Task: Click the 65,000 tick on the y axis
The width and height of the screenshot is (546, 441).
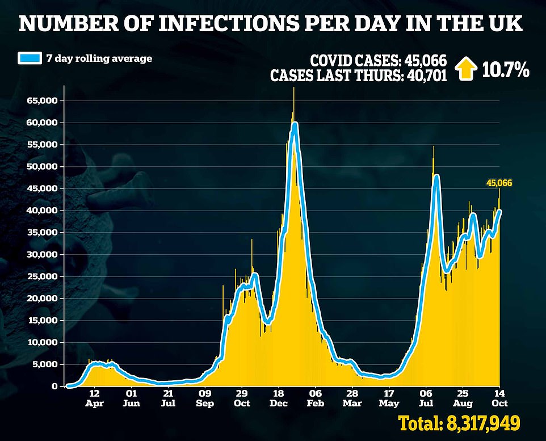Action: (x=42, y=100)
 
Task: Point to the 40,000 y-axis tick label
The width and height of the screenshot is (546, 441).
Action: (x=42, y=211)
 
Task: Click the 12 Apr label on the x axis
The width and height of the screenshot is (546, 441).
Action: (x=94, y=397)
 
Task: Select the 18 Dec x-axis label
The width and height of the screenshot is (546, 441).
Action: (x=278, y=397)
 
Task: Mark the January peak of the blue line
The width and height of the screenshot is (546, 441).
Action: (x=294, y=124)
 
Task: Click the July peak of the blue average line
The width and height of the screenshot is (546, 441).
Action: (x=436, y=177)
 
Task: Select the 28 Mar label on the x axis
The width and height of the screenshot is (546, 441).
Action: (x=352, y=397)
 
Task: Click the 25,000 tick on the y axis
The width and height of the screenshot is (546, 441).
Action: (x=42, y=276)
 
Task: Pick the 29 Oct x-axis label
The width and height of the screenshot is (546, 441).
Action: (x=242, y=397)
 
